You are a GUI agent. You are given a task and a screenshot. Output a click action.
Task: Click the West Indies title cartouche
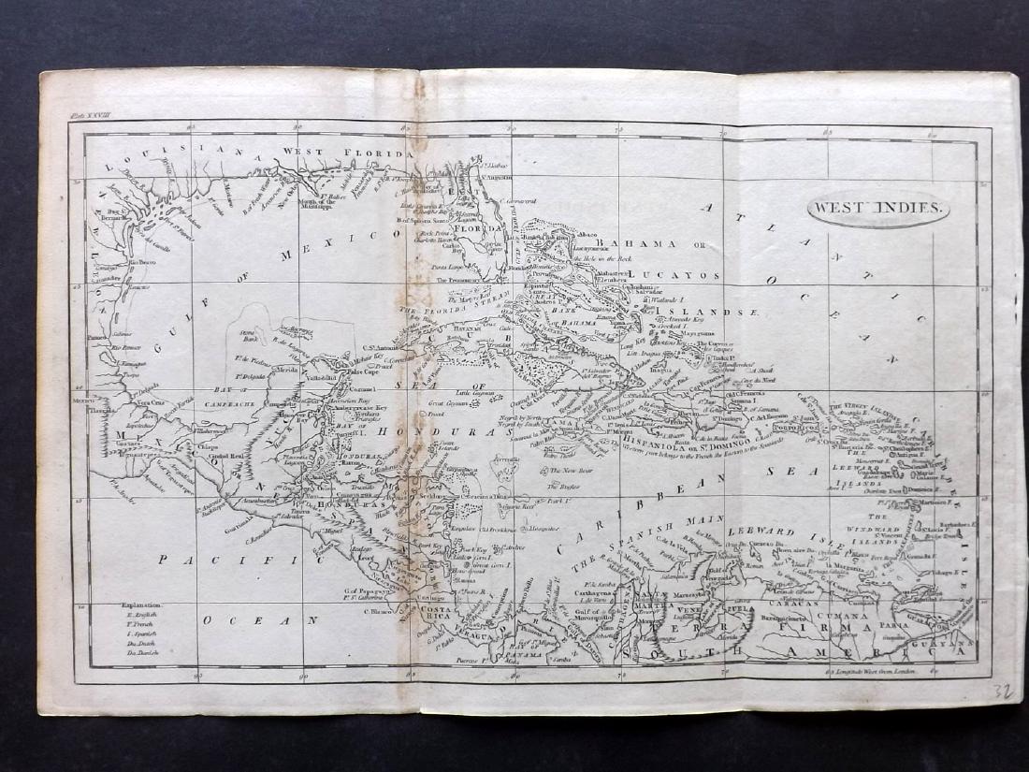click(878, 210)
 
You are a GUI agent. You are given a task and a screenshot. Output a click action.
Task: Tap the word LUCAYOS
click(679, 276)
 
